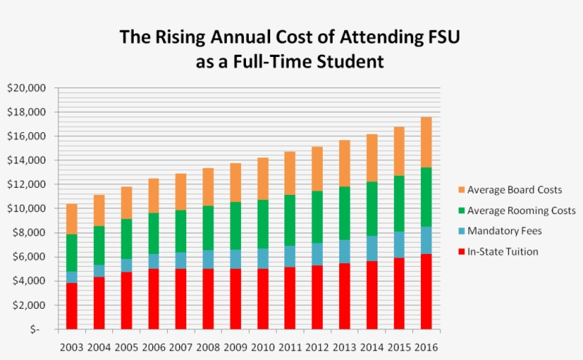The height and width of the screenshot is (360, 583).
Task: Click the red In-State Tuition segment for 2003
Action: coord(72,306)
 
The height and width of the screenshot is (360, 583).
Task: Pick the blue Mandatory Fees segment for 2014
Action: coord(372,248)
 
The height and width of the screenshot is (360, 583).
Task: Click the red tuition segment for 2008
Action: coord(208,299)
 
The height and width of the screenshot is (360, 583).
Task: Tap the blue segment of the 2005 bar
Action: coord(127,265)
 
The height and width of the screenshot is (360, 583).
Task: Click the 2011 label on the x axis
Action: coord(290,347)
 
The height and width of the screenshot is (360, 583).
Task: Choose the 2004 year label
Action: coord(99,347)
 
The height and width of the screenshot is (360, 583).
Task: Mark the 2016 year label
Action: coord(427,347)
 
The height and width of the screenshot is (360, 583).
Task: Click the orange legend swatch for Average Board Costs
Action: coord(461,190)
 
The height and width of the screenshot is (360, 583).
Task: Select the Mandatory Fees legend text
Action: coord(506,231)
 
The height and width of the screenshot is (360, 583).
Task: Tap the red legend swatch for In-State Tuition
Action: coord(461,252)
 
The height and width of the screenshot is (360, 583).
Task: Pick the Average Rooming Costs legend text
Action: coord(522,211)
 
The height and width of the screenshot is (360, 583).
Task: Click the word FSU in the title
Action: coord(442,37)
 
